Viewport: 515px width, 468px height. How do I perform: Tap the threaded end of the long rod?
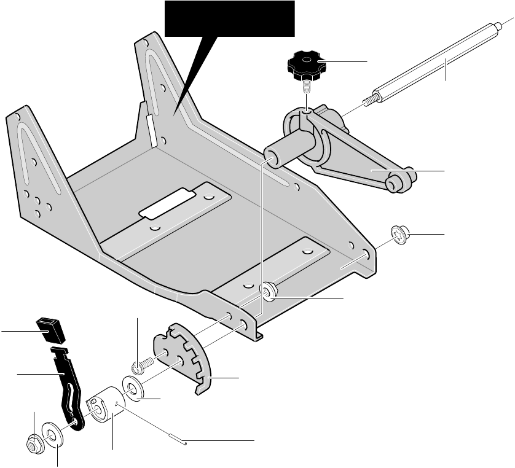371,99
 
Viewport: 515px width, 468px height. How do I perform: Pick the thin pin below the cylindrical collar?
175,437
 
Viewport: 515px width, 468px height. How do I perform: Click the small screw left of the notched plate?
140,365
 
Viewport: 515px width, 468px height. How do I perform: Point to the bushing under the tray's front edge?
269,291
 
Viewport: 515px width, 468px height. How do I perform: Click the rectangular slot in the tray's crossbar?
167,205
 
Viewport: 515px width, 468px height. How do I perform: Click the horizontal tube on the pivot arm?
289,150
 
